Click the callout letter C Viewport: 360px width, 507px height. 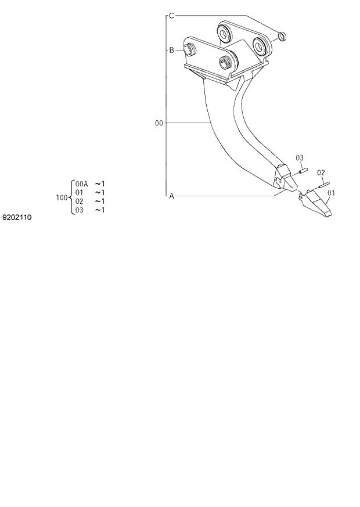pos(171,16)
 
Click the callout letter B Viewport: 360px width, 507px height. pos(171,51)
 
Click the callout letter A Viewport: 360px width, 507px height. pos(171,196)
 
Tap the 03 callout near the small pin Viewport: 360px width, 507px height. pos(300,158)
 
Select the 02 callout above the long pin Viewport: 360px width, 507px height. pos(321,172)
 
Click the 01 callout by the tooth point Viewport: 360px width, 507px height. pos(332,193)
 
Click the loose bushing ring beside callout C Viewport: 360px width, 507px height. pos(281,38)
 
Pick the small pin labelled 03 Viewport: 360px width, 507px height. pos(302,171)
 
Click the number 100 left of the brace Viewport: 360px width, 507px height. pos(62,197)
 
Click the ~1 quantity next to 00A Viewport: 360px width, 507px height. pos(100,184)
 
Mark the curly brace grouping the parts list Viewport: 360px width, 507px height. pos(71,197)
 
